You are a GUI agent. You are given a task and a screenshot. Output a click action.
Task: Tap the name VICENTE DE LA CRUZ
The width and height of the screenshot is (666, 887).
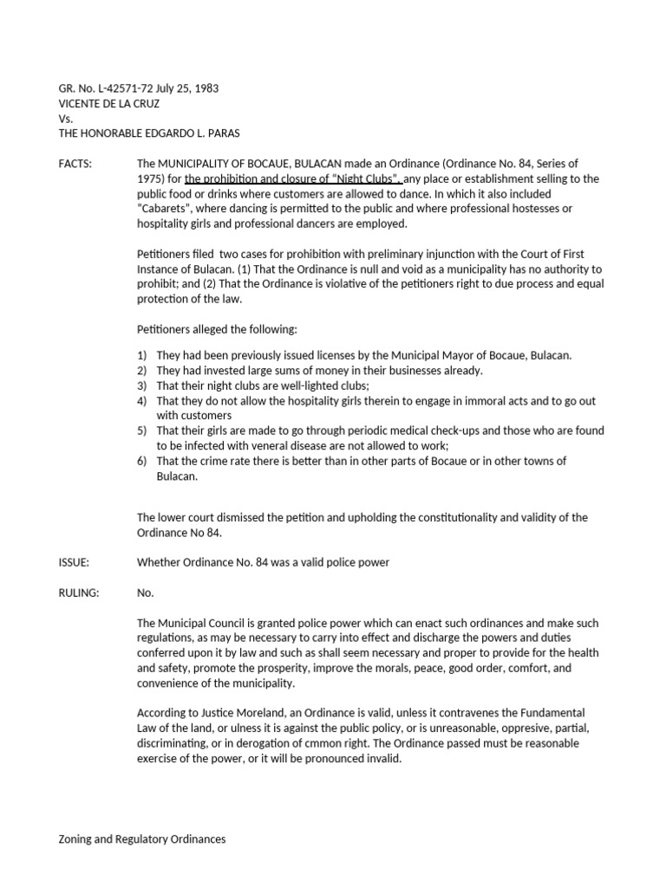point(109,103)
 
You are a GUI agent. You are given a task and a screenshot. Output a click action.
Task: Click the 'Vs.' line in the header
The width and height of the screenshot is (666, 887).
point(66,118)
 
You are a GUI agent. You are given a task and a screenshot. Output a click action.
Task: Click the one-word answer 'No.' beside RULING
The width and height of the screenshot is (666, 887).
point(146,592)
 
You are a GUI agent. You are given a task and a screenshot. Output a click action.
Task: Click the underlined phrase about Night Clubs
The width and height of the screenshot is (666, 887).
point(292,178)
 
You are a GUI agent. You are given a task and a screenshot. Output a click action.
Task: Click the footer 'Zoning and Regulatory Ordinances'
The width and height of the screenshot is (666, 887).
point(141,839)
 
